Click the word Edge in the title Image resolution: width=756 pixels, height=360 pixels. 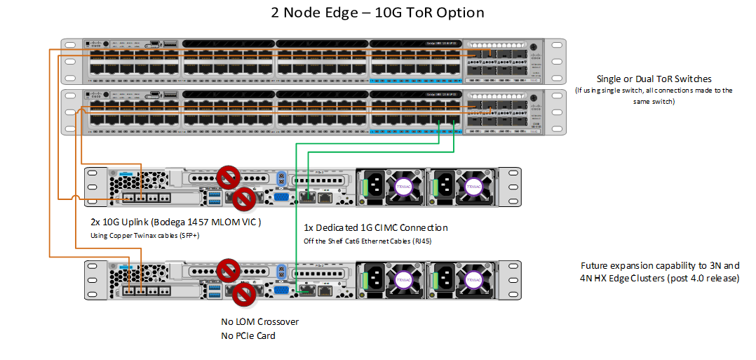[342, 13]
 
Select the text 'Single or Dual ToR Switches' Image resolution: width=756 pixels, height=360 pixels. [654, 79]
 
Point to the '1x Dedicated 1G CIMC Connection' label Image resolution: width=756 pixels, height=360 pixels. [376, 228]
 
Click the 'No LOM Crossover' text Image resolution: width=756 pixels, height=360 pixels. [259, 322]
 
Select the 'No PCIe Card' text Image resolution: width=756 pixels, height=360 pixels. [248, 335]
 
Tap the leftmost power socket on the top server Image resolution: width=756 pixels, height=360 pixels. [372, 186]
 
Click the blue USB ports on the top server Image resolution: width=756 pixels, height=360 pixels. [214, 198]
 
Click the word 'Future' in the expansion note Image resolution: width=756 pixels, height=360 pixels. [595, 266]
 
